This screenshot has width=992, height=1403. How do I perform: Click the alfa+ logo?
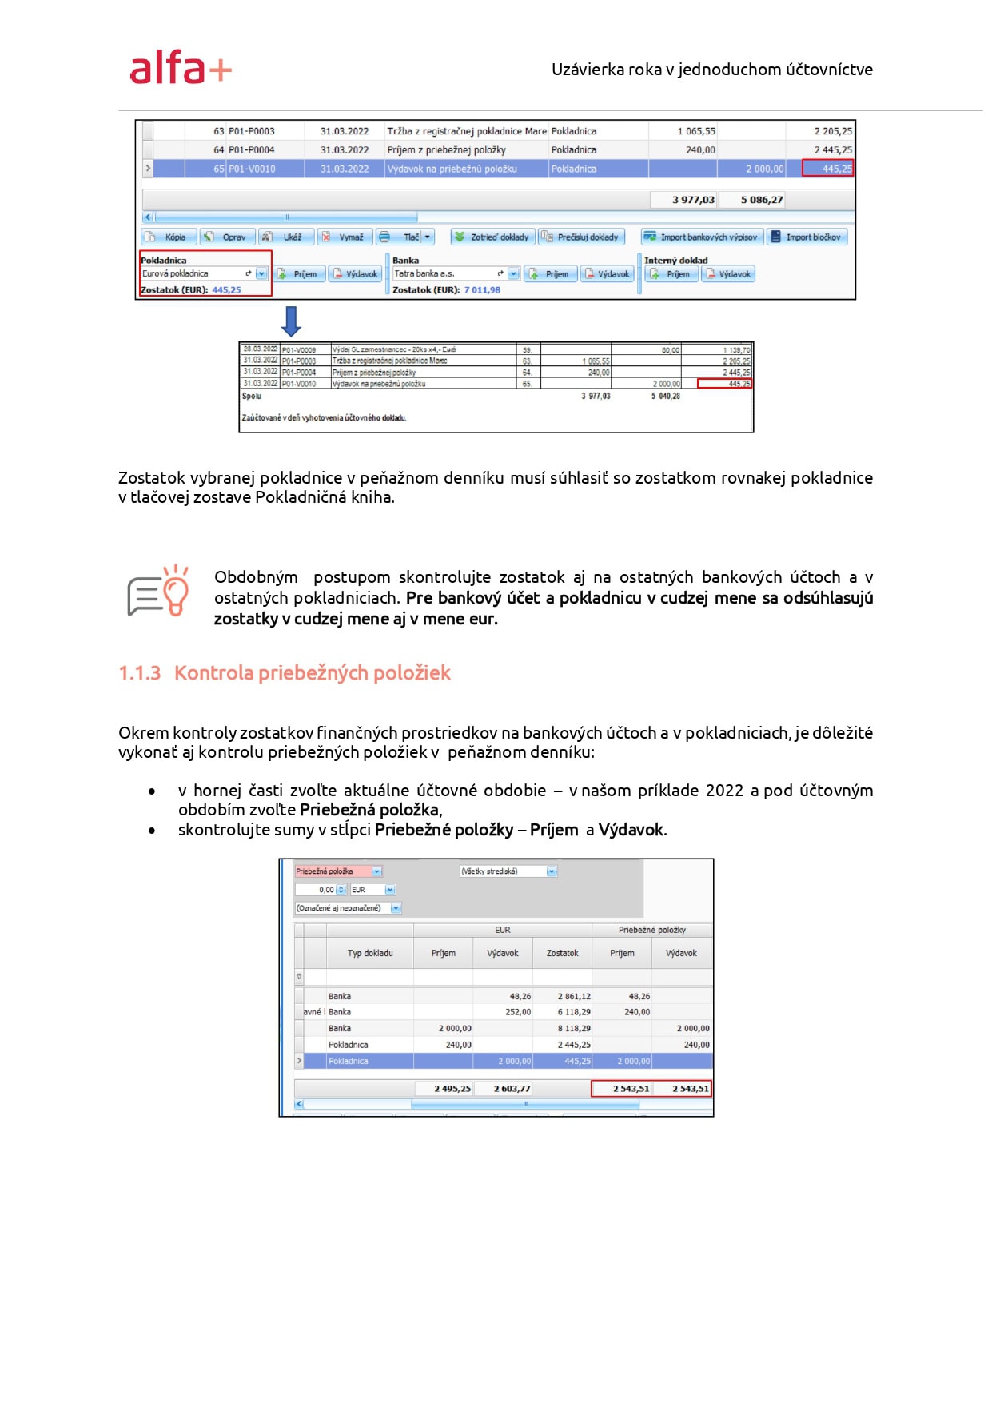click(181, 68)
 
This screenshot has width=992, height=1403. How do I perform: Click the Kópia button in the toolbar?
click(167, 237)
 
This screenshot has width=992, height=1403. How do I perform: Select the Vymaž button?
click(345, 237)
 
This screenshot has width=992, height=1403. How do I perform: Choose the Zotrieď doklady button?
click(492, 237)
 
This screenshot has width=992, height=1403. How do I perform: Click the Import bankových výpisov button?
click(702, 237)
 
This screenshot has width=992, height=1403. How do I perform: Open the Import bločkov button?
click(807, 237)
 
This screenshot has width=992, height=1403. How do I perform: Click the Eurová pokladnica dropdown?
click(204, 273)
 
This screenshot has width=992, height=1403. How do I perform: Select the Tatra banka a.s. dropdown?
click(456, 273)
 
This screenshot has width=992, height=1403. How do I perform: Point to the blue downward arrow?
click(292, 321)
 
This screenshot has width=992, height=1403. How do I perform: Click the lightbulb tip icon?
click(159, 591)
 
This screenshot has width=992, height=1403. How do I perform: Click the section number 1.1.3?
click(139, 673)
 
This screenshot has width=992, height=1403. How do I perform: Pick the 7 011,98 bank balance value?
click(482, 290)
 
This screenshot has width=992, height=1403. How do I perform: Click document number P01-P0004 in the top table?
click(252, 150)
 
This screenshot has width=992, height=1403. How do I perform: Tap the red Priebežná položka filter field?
click(333, 871)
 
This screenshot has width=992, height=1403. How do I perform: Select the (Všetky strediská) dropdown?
click(508, 871)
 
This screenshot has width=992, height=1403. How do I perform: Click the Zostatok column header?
click(562, 953)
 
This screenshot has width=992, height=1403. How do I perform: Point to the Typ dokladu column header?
click(370, 953)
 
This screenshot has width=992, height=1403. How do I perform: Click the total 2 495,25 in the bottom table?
click(452, 1089)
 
